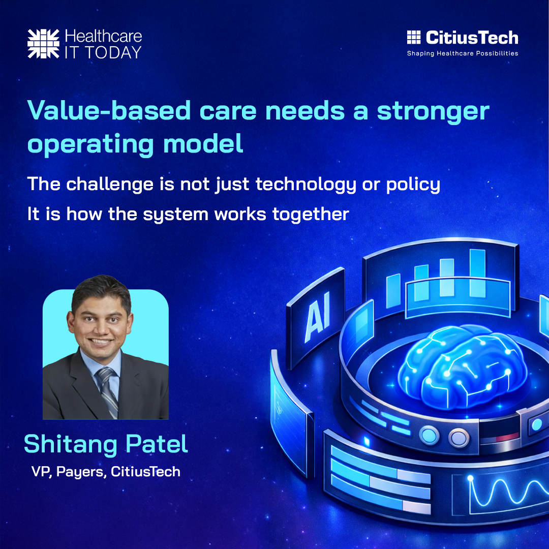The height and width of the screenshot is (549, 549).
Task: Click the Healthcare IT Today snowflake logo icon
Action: tap(44, 43)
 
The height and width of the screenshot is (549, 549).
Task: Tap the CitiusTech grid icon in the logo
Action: tap(414, 38)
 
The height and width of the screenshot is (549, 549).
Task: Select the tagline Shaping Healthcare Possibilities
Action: tap(462, 53)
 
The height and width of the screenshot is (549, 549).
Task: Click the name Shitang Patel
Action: tap(106, 444)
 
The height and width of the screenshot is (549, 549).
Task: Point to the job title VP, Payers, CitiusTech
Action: tap(106, 472)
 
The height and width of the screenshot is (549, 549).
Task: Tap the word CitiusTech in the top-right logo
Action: tap(472, 38)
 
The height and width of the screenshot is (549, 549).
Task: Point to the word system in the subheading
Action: tap(174, 215)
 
